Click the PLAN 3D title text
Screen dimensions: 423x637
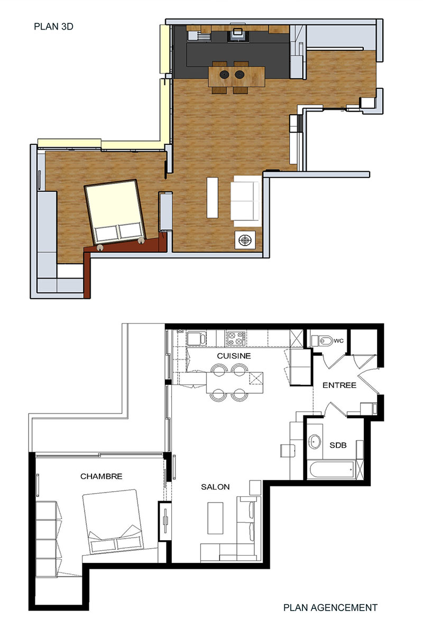(x=53, y=26)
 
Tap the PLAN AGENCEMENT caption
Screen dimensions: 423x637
(x=330, y=607)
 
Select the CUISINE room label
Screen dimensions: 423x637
(x=234, y=356)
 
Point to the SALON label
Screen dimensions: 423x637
(x=215, y=487)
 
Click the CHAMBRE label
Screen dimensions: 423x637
(x=102, y=476)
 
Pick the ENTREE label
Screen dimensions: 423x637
(x=339, y=385)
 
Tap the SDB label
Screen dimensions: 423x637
(x=338, y=445)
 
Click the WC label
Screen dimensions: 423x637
(x=338, y=340)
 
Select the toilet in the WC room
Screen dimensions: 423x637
(x=323, y=340)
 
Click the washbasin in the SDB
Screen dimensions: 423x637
(x=315, y=441)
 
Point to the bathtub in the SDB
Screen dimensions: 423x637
(x=332, y=470)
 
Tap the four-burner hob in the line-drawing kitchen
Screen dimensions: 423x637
(x=236, y=338)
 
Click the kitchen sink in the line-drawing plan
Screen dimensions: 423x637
(x=196, y=339)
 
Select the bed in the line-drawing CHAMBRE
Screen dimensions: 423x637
(x=113, y=522)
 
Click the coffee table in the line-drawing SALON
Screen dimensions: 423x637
(x=215, y=519)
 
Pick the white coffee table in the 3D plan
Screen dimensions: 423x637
(x=213, y=198)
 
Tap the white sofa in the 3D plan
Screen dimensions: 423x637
(x=246, y=201)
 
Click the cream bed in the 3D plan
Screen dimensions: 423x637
(x=115, y=212)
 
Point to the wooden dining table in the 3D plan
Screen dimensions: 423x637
(x=236, y=77)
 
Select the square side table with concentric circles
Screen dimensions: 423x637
(x=245, y=240)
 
